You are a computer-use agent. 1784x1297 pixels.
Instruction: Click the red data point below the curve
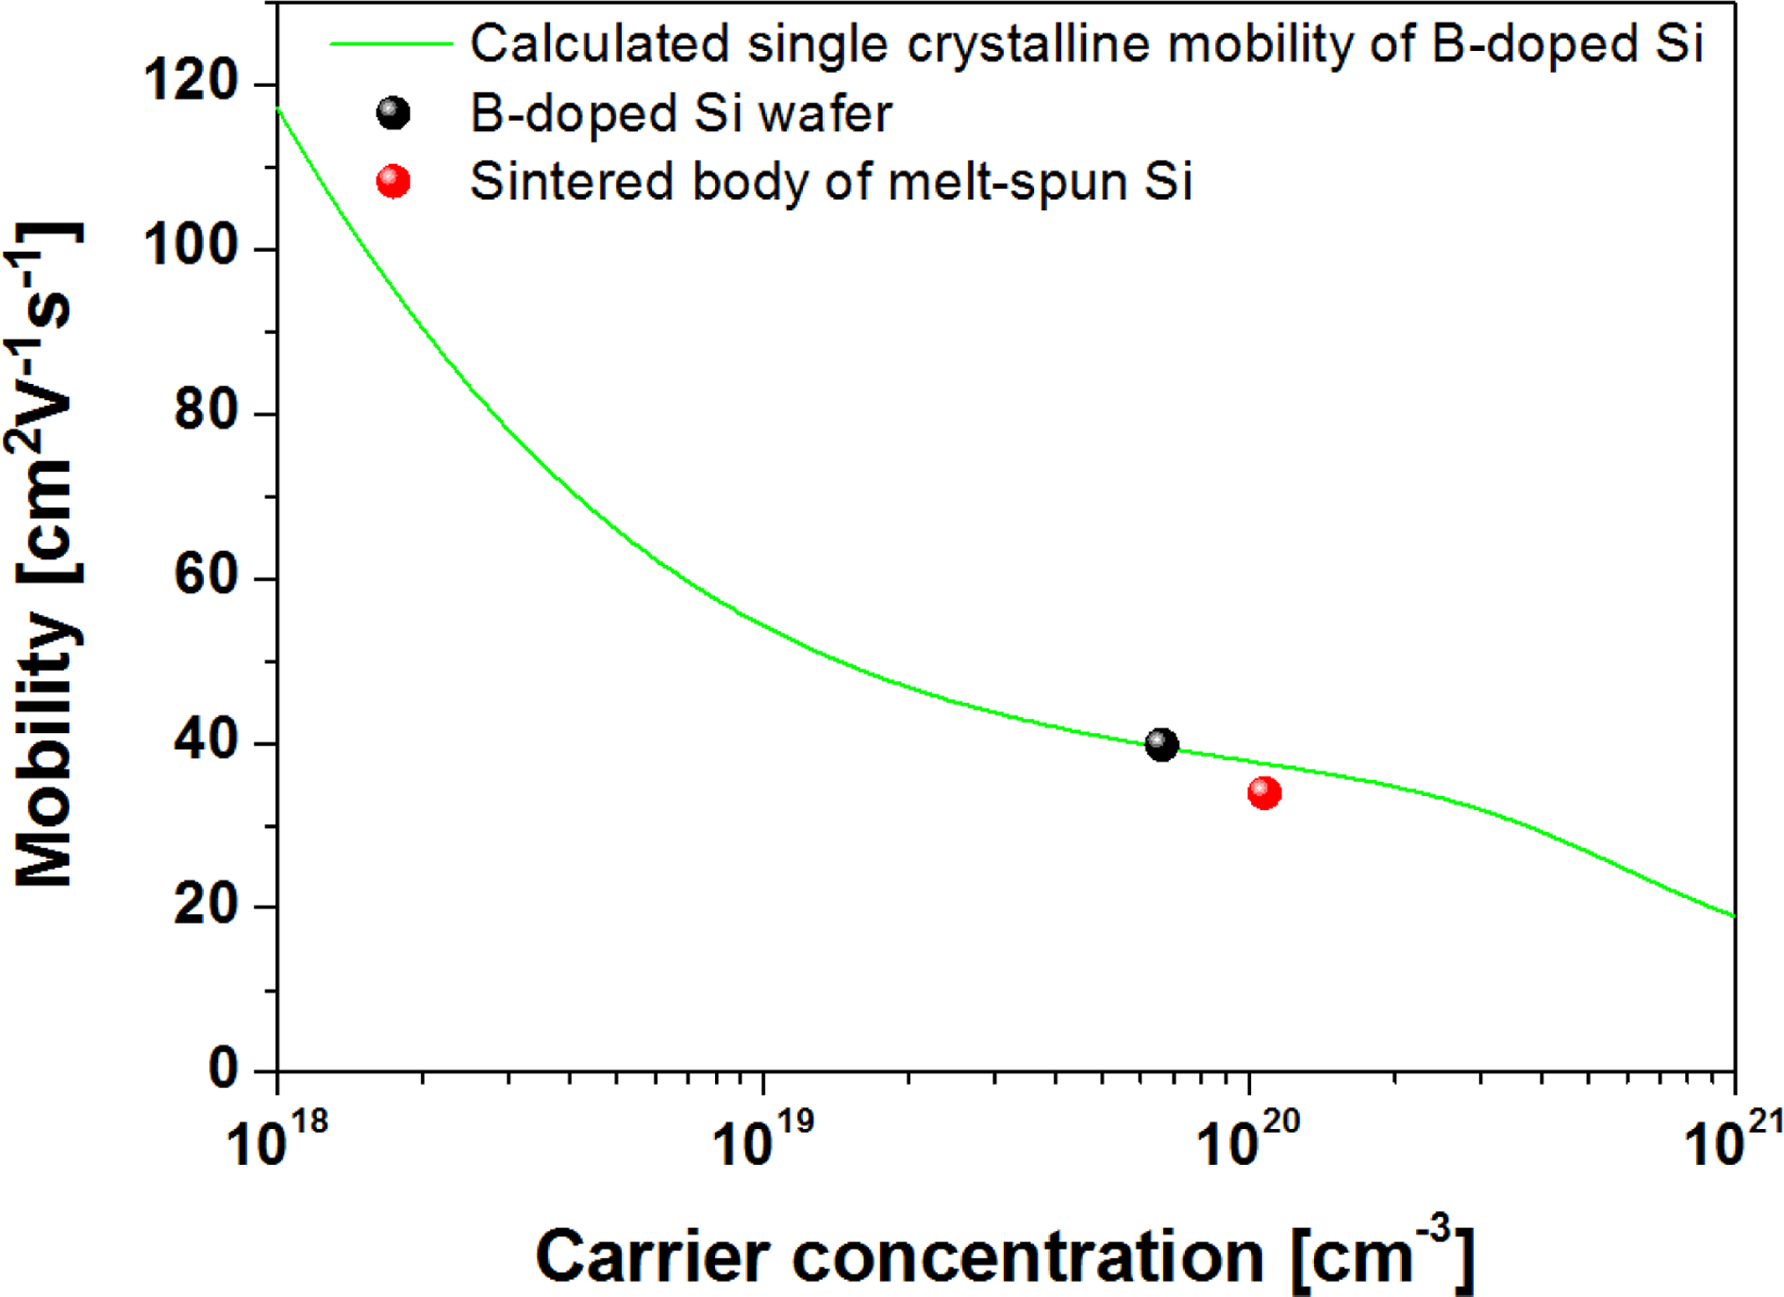pyautogui.click(x=1264, y=793)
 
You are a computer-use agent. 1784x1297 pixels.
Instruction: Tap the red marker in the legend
pyautogui.click(x=393, y=182)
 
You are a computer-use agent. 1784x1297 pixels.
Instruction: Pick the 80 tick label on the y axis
pyautogui.click(x=206, y=411)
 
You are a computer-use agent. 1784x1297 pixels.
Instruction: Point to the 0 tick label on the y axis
pyautogui.click(x=224, y=1070)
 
